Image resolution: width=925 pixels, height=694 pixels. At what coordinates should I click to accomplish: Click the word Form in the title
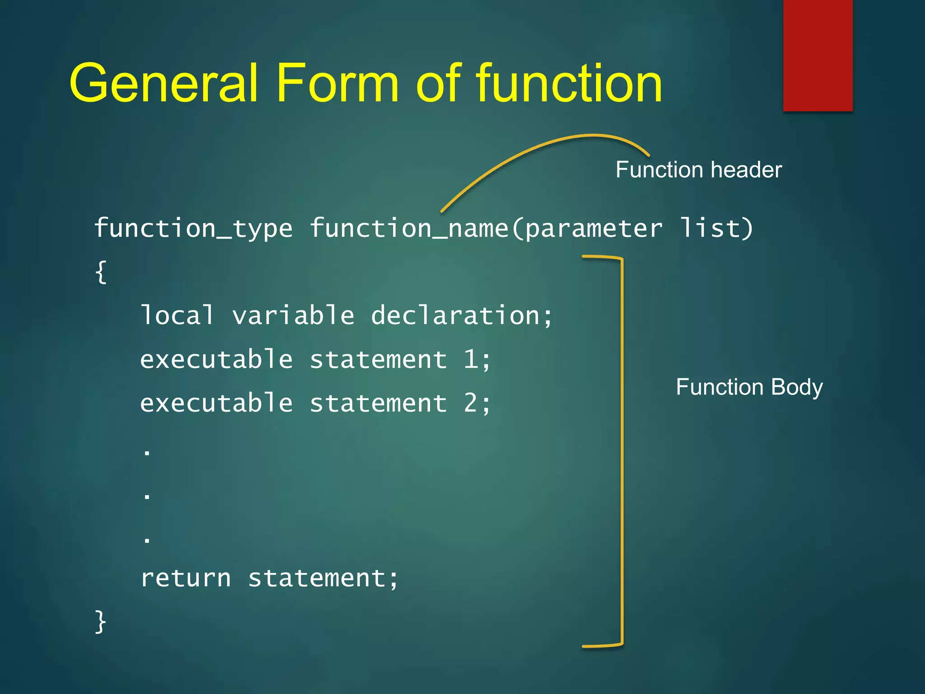pyautogui.click(x=337, y=84)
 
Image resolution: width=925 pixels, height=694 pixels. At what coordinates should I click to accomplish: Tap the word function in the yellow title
pyautogui.click(x=569, y=84)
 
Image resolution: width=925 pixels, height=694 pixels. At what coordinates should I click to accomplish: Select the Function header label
pyautogui.click(x=698, y=170)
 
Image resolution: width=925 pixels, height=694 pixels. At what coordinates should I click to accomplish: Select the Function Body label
pyautogui.click(x=749, y=387)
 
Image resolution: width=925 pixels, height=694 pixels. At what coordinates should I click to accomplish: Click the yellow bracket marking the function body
pyautogui.click(x=622, y=452)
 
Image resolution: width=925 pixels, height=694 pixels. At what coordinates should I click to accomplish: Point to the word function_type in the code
pyautogui.click(x=193, y=228)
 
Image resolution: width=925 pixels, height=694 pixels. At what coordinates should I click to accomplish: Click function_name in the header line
pyautogui.click(x=409, y=228)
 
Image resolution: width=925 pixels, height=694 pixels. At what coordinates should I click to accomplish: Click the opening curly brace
pyautogui.click(x=101, y=272)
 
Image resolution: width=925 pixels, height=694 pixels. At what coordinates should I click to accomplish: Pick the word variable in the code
pyautogui.click(x=293, y=315)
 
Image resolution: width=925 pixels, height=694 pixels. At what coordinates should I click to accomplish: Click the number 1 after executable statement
pyautogui.click(x=471, y=360)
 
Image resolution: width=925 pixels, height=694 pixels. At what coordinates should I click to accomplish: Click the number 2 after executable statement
pyautogui.click(x=471, y=403)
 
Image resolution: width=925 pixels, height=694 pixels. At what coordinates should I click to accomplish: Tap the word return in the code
pyautogui.click(x=186, y=578)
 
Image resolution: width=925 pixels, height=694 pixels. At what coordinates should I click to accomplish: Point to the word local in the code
pyautogui.click(x=177, y=315)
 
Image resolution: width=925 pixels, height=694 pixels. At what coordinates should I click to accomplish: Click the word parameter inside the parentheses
pyautogui.click(x=593, y=228)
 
